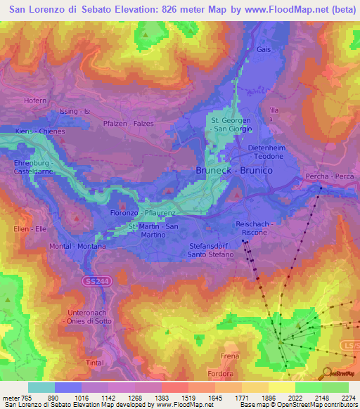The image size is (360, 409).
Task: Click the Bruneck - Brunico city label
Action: pyautogui.click(x=234, y=171)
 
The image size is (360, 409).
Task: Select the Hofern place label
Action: pyautogui.click(x=34, y=101)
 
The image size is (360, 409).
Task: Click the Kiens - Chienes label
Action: pyautogui.click(x=40, y=131)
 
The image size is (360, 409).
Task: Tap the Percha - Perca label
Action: pyautogui.click(x=326, y=176)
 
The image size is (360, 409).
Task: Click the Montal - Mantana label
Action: pyautogui.click(x=77, y=247)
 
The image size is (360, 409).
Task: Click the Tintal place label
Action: pyautogui.click(x=95, y=362)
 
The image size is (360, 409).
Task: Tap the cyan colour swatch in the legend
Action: pyautogui.click(x=41, y=387)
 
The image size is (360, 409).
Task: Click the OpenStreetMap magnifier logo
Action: pyautogui.click(x=328, y=372)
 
